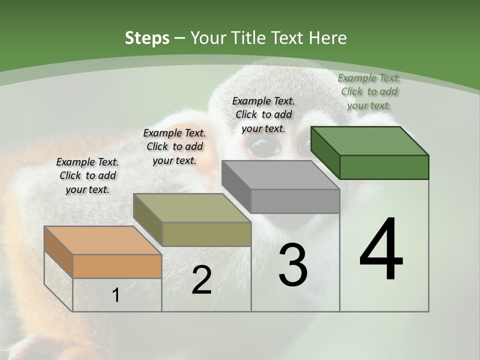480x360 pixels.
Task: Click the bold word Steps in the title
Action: [147, 38]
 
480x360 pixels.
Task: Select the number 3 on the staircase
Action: [293, 265]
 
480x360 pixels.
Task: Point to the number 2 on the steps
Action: [201, 280]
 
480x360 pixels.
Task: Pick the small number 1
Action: [116, 295]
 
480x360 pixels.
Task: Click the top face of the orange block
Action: [102, 240]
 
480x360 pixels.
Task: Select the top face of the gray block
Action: [280, 175]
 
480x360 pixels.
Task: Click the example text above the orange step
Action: [87, 175]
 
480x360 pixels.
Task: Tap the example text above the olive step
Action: [174, 146]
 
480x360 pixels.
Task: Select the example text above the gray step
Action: [263, 114]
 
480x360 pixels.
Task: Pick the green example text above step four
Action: [369, 91]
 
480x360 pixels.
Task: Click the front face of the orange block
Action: [117, 266]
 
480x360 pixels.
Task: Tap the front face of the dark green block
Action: [384, 167]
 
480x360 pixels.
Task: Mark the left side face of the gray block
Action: [236, 186]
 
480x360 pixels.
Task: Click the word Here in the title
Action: [328, 38]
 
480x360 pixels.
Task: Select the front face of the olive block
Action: [206, 234]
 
